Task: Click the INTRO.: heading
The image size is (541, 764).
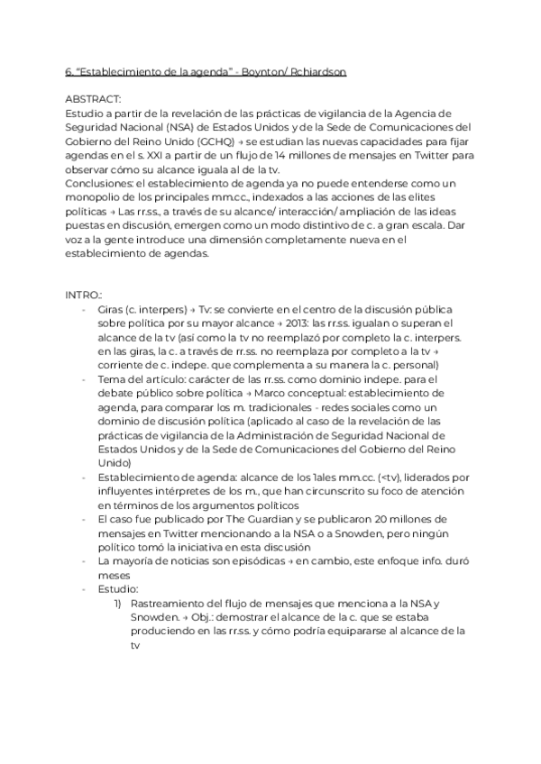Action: click(x=84, y=295)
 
